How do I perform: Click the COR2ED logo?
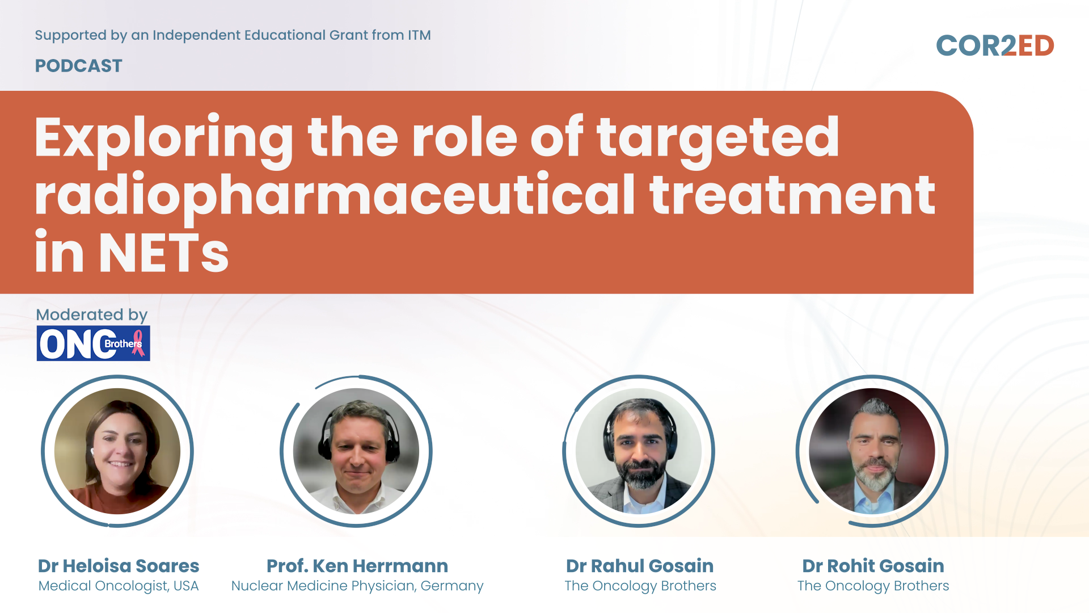[995, 46]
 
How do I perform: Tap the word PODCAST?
[78, 66]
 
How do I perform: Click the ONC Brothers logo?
[94, 343]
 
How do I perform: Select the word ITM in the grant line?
[419, 35]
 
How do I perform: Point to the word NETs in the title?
[164, 252]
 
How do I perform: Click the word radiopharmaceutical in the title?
[335, 196]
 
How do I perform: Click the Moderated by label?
[91, 314]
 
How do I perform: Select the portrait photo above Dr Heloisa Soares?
[117, 451]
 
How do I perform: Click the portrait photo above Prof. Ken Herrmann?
[356, 451]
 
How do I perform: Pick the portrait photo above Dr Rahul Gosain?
[639, 451]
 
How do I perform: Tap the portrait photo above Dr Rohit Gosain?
[872, 451]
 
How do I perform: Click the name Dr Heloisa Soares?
[119, 566]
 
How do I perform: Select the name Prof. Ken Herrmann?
[357, 566]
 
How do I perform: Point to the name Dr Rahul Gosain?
[640, 566]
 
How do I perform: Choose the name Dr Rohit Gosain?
[873, 566]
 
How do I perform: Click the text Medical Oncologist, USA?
[119, 586]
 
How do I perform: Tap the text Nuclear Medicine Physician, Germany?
[357, 586]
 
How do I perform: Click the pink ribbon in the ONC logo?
[138, 343]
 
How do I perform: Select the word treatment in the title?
[792, 196]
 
